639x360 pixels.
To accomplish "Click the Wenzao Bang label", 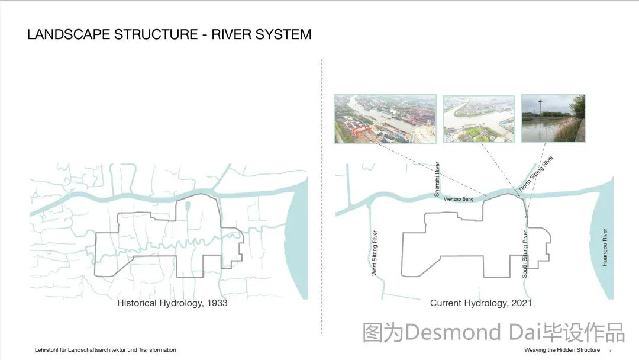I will click(x=459, y=200).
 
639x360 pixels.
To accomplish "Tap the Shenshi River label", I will click(x=437, y=179).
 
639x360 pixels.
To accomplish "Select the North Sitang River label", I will click(x=536, y=173).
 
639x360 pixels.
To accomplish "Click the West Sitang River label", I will click(x=375, y=252).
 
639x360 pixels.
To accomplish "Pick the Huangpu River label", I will click(x=605, y=247).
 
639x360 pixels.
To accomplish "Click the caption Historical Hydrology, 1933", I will click(x=172, y=303).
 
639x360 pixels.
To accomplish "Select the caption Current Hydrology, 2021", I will click(x=480, y=303).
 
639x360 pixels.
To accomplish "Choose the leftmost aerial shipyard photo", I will click(x=385, y=118).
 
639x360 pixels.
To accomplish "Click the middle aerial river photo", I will click(x=479, y=118).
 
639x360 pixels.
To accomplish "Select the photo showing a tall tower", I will click(x=553, y=118).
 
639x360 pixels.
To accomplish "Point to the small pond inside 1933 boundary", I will click(x=188, y=207).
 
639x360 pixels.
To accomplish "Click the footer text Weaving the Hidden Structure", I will click(x=561, y=350).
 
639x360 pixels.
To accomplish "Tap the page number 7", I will click(x=611, y=350).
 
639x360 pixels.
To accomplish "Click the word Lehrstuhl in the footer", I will click(x=46, y=350).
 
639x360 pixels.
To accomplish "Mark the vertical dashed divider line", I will click(x=322, y=195).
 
